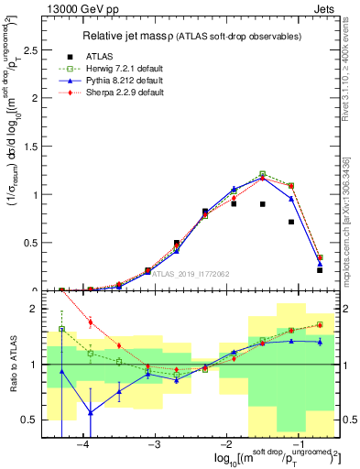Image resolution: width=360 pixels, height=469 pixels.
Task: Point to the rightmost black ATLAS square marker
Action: click(319, 270)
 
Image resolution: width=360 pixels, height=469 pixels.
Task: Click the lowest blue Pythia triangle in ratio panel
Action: click(91, 412)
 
